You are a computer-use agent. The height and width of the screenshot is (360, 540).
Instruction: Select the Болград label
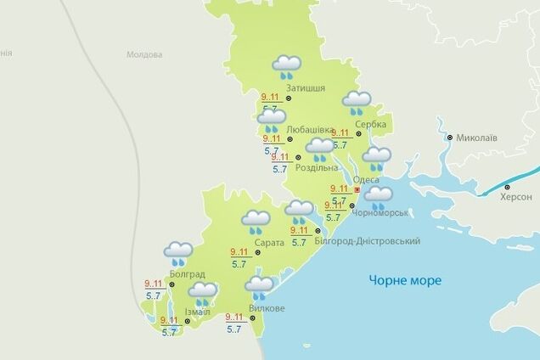(x=187, y=273)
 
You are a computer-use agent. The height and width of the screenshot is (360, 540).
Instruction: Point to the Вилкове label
(x=267, y=307)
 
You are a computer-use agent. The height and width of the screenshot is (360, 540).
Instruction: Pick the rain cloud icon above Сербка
(x=356, y=103)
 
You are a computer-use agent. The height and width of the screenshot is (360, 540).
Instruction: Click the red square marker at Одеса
(x=357, y=192)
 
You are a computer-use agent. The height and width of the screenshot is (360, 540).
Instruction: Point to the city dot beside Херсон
(x=508, y=187)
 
